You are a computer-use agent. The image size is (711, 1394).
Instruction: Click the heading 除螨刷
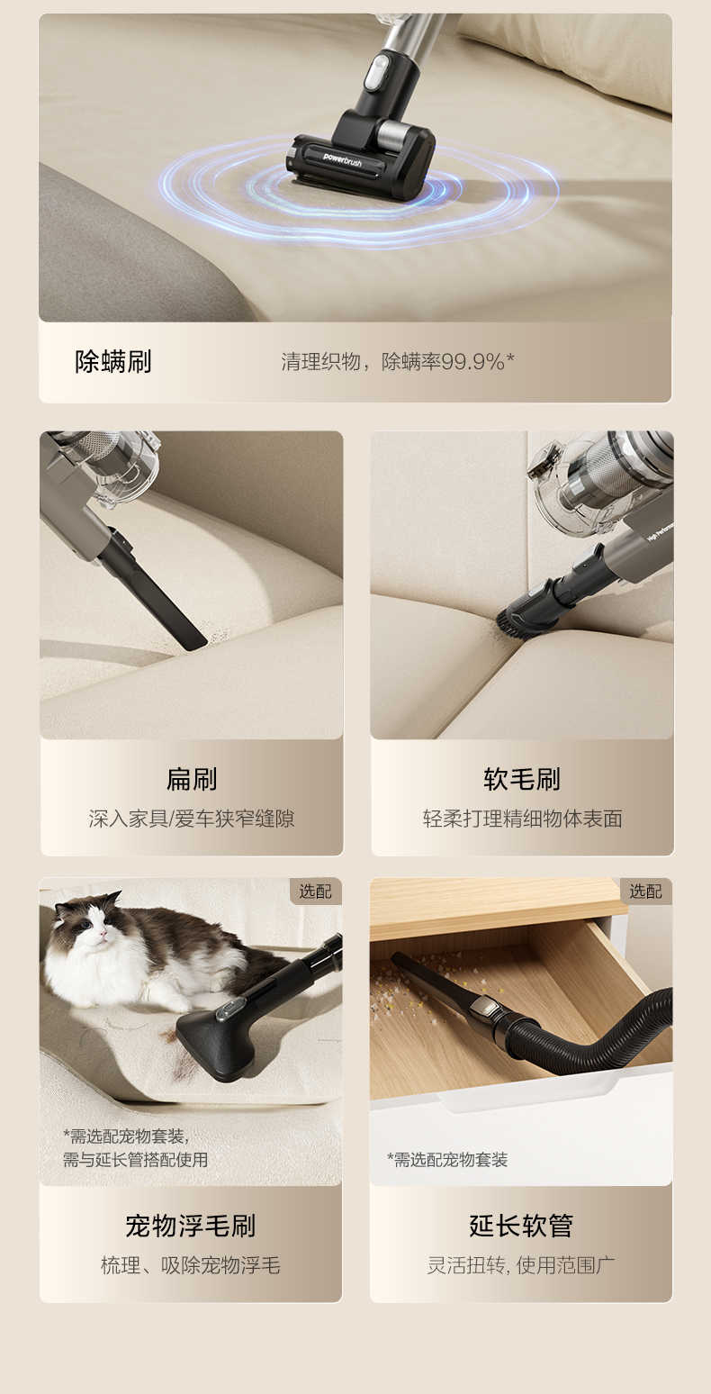click(x=113, y=362)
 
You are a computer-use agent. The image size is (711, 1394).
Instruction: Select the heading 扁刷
click(x=191, y=779)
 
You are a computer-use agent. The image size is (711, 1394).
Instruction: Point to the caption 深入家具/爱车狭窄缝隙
click(x=191, y=819)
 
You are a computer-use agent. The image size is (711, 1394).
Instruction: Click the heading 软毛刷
click(x=522, y=779)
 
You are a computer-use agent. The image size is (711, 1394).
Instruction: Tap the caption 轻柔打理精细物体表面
click(x=522, y=819)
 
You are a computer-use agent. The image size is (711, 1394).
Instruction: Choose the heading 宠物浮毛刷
click(x=191, y=1226)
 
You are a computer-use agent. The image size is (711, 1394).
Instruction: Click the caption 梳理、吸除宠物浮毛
click(x=191, y=1265)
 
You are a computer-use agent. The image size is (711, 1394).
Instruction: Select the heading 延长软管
click(x=521, y=1226)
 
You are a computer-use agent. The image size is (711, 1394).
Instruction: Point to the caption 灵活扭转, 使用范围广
click(x=521, y=1265)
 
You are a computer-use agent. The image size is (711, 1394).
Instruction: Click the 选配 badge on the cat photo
click(x=315, y=892)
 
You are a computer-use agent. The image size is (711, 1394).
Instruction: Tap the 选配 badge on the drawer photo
click(x=645, y=892)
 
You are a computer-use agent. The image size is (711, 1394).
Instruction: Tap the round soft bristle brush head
click(x=522, y=614)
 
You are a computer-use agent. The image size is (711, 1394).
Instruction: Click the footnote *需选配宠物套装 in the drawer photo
click(x=447, y=1160)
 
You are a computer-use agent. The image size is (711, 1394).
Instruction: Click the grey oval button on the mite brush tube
click(x=377, y=71)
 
